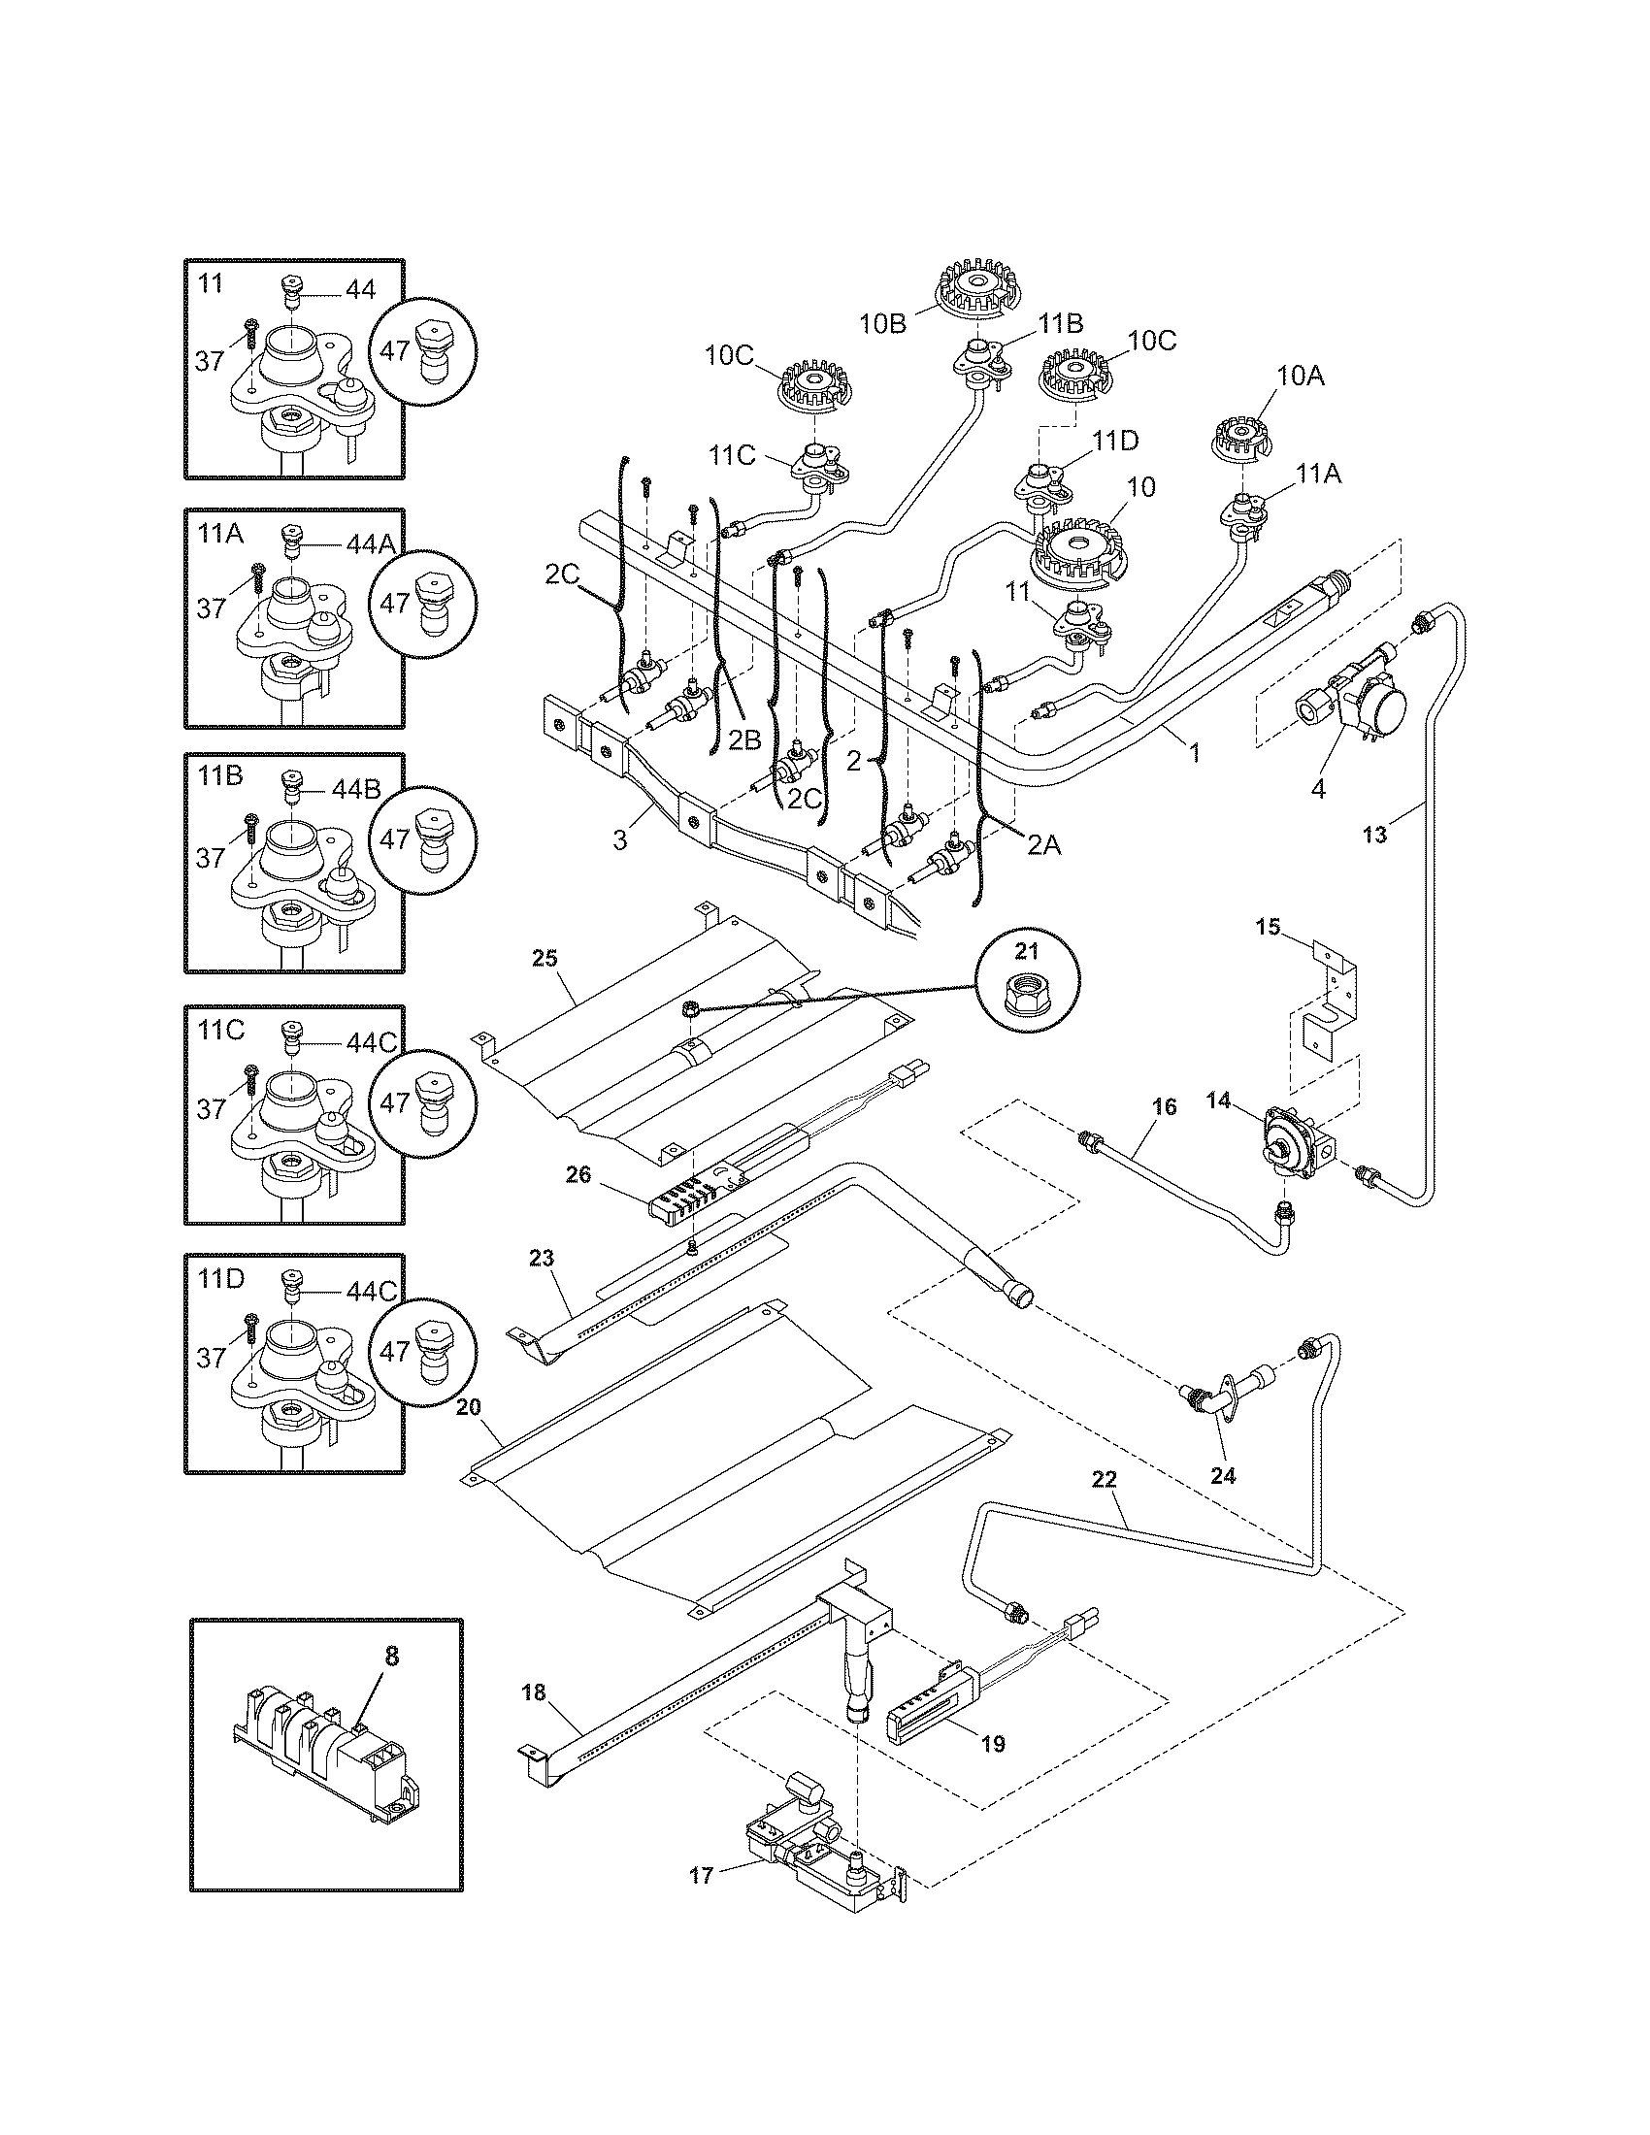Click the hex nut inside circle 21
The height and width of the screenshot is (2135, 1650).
click(1028, 996)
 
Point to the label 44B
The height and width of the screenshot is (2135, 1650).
click(355, 789)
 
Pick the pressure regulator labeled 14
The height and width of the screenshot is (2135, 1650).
click(1292, 1138)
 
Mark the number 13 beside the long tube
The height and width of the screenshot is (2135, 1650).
click(1374, 835)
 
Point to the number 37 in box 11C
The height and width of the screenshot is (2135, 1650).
click(211, 1108)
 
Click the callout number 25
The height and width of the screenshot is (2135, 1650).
click(544, 957)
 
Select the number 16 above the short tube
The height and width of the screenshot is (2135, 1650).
click(1164, 1105)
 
